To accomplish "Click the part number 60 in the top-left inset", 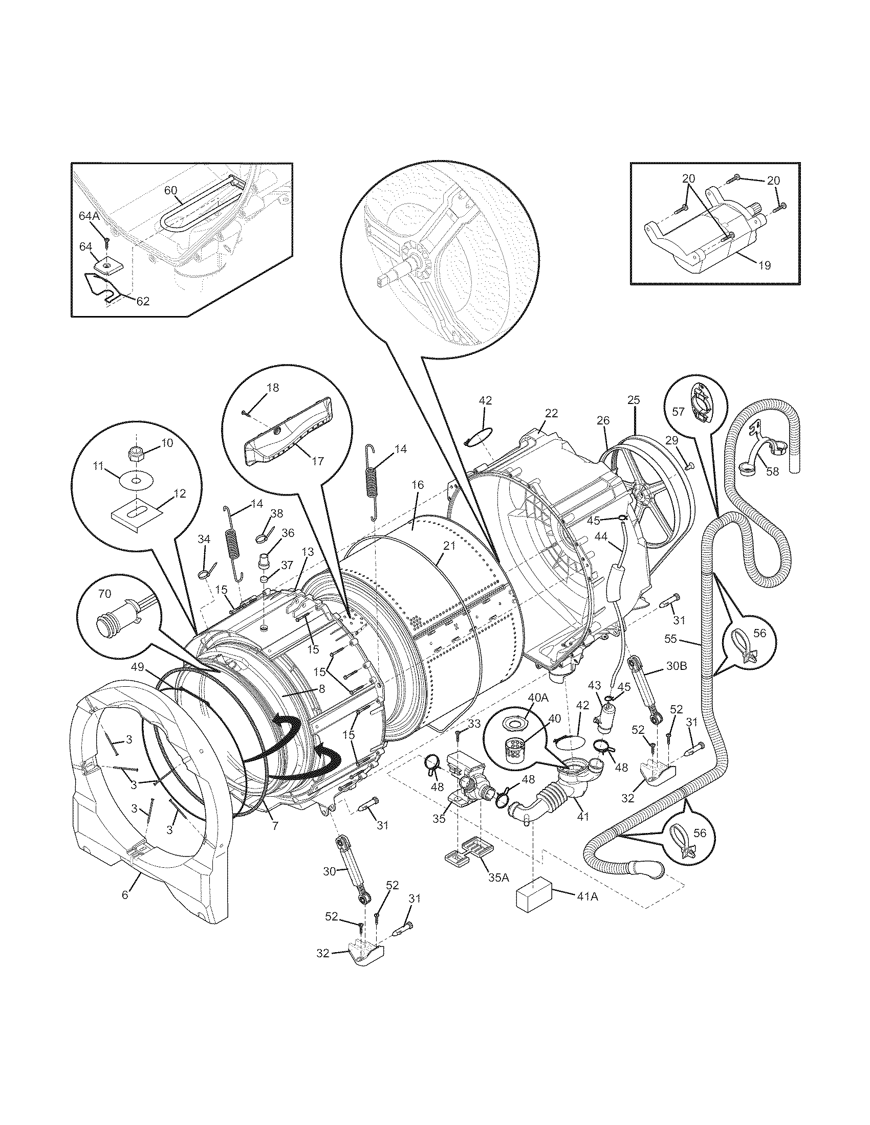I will point(170,190).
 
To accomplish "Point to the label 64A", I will point(89,216).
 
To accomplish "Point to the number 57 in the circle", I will point(678,411).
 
